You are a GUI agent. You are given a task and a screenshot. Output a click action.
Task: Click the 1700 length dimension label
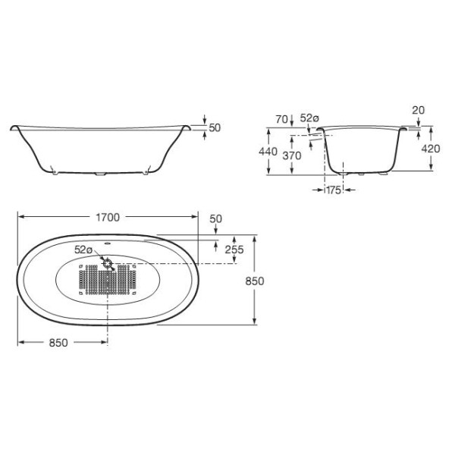[108, 218]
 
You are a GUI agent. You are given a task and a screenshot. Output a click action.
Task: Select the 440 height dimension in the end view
[268, 152]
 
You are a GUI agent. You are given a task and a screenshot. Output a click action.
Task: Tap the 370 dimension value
[292, 155]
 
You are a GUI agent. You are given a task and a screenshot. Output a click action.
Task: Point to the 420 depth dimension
[431, 149]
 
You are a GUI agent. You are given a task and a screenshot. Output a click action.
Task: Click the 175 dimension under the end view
[334, 190]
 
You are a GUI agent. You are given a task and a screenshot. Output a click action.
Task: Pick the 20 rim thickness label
[418, 110]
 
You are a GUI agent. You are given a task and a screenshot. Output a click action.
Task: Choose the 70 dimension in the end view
[282, 119]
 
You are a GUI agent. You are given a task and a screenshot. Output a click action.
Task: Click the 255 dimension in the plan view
[234, 249]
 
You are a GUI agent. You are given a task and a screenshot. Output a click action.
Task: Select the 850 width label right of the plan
[255, 281]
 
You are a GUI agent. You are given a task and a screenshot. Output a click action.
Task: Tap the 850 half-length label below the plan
[58, 343]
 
